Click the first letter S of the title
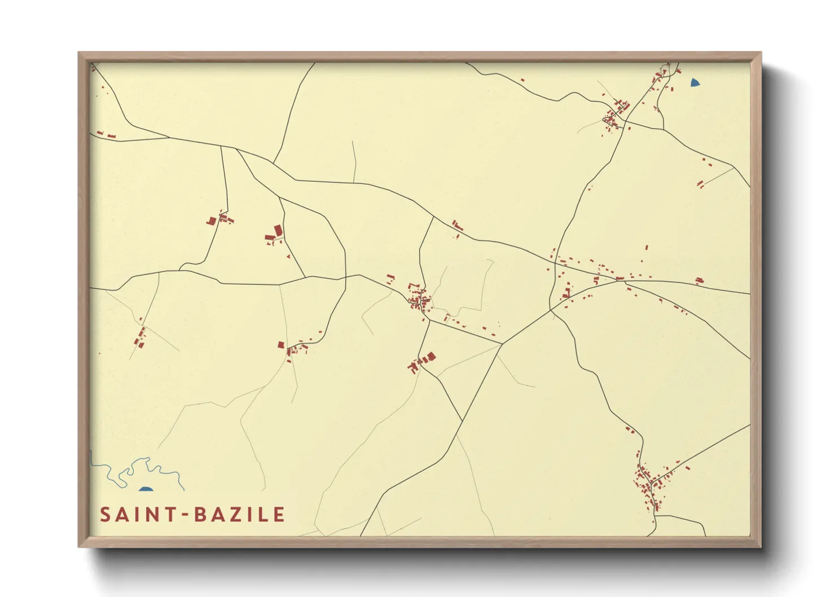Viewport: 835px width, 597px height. tap(105, 515)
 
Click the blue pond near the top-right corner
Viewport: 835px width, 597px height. tap(695, 83)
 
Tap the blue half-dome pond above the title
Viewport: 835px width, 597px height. tap(146, 489)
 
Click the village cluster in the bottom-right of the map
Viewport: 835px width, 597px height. tap(646, 482)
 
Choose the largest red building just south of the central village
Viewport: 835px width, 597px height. tap(432, 356)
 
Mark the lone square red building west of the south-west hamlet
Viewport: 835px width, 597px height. tap(280, 345)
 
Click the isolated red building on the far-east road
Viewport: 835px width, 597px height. tap(700, 280)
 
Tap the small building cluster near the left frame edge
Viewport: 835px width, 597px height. tap(140, 337)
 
